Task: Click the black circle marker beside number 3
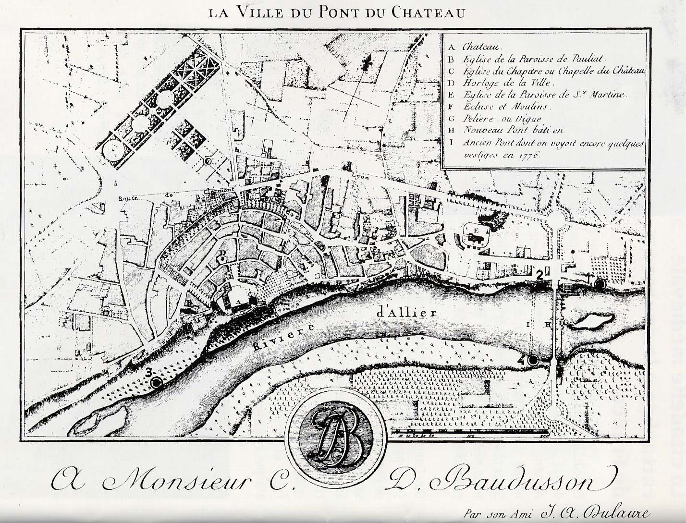156,382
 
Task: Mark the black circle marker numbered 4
532,360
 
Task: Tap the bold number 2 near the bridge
539,275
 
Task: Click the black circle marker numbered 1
600,283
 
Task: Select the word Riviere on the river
278,339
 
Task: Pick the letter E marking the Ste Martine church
476,231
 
